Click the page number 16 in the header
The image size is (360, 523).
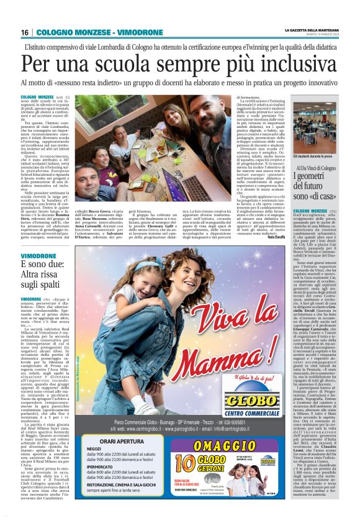click(24, 32)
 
